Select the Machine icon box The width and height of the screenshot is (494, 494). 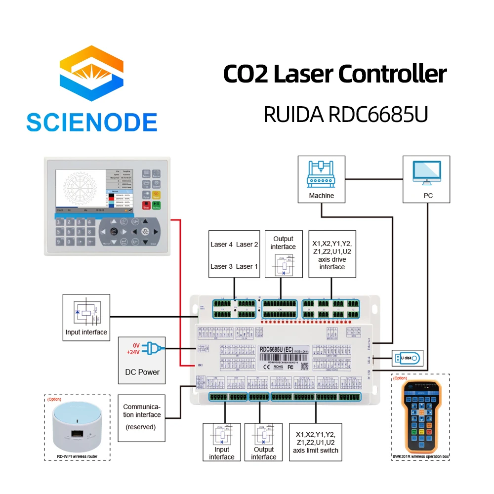[321, 179]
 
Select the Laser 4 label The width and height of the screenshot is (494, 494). [221, 245]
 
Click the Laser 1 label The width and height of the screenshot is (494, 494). [247, 266]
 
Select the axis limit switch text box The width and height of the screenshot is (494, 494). [317, 442]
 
